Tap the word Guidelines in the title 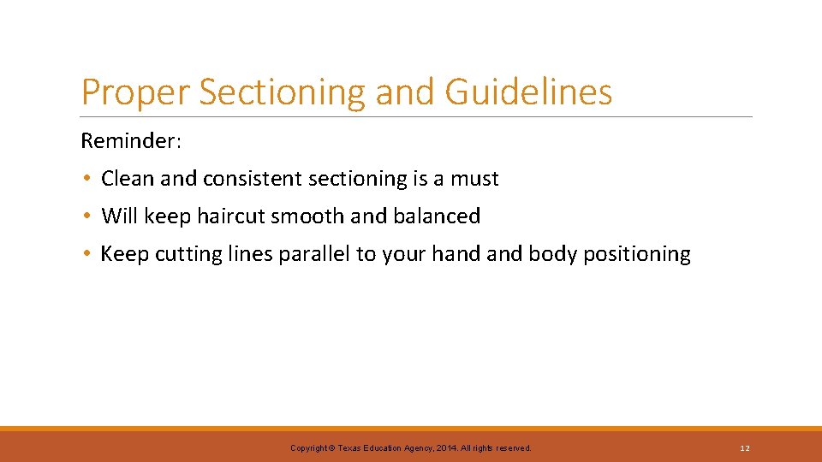pyautogui.click(x=528, y=92)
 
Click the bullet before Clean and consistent pyautogui.click(x=87, y=179)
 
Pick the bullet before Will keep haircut pyautogui.click(x=87, y=216)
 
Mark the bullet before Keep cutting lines pyautogui.click(x=87, y=254)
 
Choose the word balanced pyautogui.click(x=437, y=216)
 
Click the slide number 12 pyautogui.click(x=745, y=448)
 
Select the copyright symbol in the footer pyautogui.click(x=332, y=448)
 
